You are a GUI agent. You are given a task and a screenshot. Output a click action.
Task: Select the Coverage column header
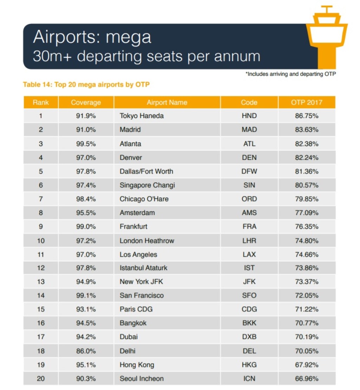click(86, 103)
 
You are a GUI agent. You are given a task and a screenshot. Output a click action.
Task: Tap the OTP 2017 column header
click(307, 103)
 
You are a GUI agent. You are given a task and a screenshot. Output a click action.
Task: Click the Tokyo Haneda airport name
click(142, 116)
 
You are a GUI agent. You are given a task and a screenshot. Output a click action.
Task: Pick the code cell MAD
click(249, 130)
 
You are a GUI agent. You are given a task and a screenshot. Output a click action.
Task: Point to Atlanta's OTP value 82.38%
click(307, 144)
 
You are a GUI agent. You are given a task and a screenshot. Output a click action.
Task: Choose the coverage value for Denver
click(86, 157)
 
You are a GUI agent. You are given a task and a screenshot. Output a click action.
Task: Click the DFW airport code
click(249, 171)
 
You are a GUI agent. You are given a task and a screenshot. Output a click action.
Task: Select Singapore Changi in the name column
click(147, 185)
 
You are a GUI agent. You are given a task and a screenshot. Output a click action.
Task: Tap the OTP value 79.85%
click(307, 199)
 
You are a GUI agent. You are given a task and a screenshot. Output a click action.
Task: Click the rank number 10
click(41, 241)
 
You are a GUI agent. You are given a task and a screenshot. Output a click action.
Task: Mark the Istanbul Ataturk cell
click(143, 268)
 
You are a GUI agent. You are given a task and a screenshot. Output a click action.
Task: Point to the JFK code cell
click(249, 282)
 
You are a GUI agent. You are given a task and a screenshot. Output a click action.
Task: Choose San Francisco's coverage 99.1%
click(86, 295)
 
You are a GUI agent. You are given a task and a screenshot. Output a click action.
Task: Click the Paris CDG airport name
click(136, 309)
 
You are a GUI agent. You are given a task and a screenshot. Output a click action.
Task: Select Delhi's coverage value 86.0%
click(86, 351)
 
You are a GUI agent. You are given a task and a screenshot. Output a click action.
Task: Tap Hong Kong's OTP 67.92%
click(307, 365)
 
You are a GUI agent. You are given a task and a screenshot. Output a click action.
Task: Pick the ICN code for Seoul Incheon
click(249, 379)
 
